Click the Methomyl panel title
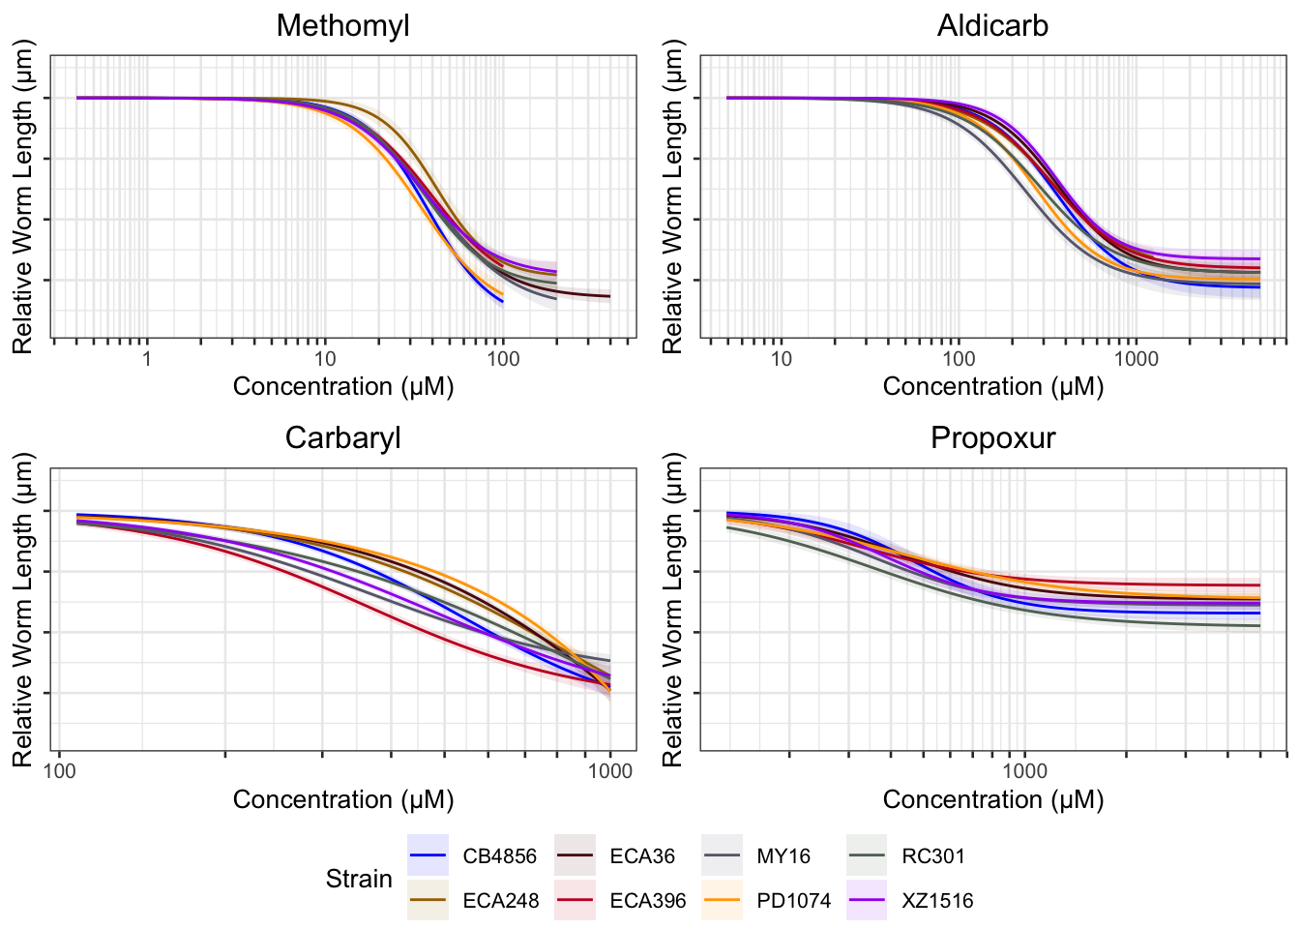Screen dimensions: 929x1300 click(x=342, y=26)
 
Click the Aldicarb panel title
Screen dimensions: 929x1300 click(x=992, y=26)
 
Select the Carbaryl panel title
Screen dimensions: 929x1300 click(x=342, y=438)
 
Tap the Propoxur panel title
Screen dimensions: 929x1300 click(x=992, y=438)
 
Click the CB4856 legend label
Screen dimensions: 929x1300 click(x=499, y=856)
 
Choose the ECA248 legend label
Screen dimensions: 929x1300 click(x=500, y=901)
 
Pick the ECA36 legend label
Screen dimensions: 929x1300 click(x=642, y=856)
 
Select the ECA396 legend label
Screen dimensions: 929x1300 click(x=647, y=901)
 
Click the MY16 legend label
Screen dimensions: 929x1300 click(x=783, y=856)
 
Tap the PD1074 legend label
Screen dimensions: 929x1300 click(x=793, y=901)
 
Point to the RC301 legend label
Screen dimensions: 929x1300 click(x=932, y=856)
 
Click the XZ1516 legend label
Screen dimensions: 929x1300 click(x=937, y=901)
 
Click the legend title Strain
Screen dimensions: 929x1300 click(x=359, y=879)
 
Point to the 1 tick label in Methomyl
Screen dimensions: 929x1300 click(x=147, y=359)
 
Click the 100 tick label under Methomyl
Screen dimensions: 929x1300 click(x=502, y=359)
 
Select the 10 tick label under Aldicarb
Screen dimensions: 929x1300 click(x=781, y=359)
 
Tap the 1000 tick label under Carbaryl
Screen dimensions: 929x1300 click(x=610, y=771)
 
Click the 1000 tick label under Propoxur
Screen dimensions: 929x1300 click(x=1024, y=771)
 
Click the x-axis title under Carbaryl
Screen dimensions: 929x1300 click(x=342, y=799)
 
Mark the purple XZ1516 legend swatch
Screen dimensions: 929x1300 click(x=866, y=901)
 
